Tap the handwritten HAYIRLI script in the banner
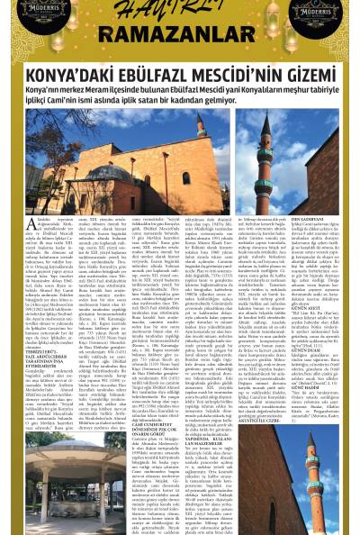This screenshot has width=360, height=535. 180,14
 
